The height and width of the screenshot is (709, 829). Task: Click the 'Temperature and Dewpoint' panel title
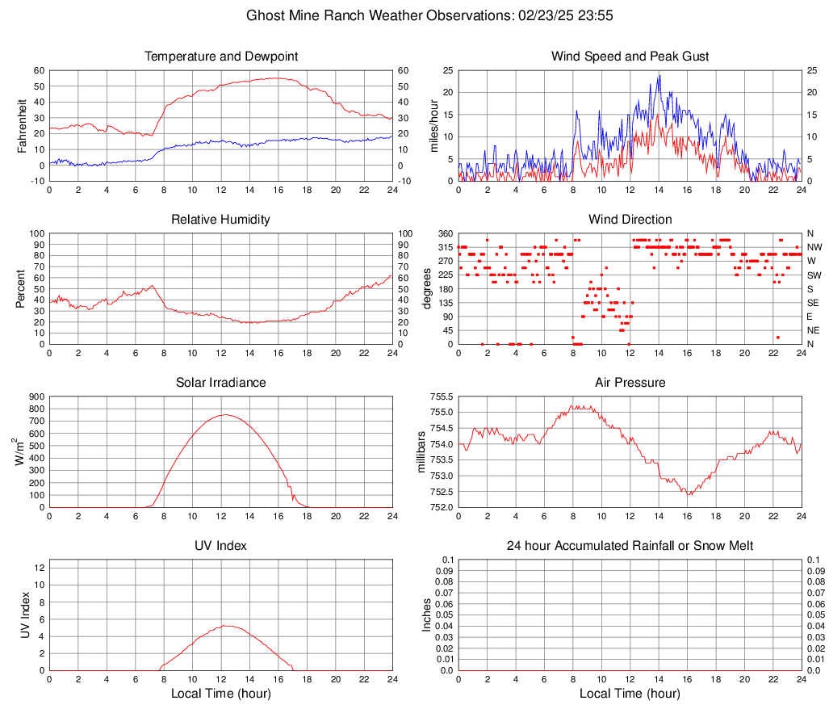pos(221,57)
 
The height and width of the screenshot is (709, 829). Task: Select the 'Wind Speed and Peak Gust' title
pos(630,57)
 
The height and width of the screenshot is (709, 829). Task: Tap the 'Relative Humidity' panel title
pos(221,220)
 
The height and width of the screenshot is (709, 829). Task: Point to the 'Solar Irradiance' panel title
pos(221,383)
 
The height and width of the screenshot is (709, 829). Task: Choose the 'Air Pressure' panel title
pos(630,383)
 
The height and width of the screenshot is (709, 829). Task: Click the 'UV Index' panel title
pos(221,546)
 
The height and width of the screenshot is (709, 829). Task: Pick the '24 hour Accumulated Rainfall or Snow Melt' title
pos(630,546)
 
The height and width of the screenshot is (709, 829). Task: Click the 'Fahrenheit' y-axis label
pos(21,125)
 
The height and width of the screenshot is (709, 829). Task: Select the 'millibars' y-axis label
pos(421,451)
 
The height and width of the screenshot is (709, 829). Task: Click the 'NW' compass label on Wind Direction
pos(814,247)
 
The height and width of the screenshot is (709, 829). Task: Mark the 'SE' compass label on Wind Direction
pos(814,303)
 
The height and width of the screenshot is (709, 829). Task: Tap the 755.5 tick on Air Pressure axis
pos(441,396)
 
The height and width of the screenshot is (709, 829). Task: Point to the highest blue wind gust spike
pos(659,75)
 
